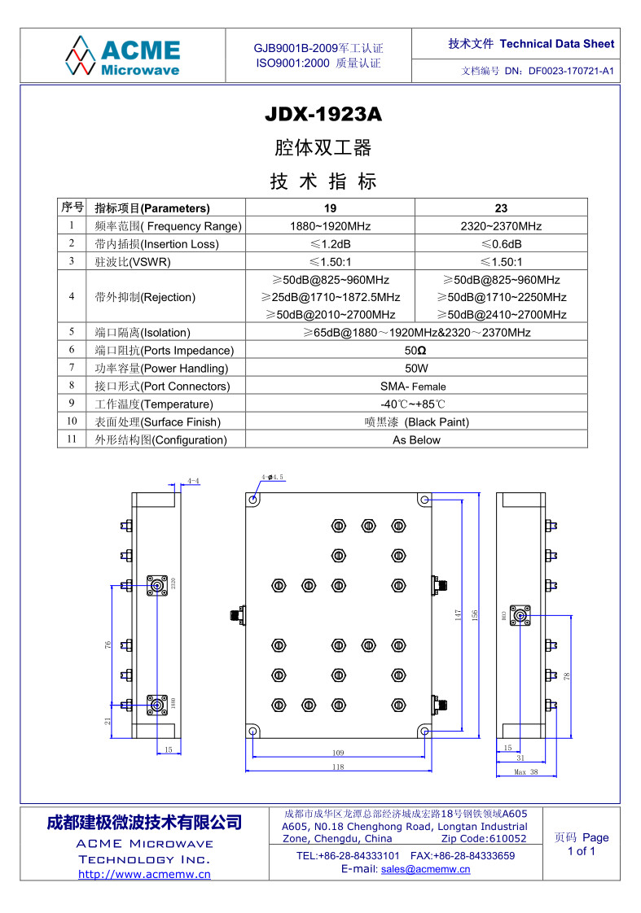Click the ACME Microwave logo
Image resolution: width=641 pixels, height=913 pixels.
point(122,56)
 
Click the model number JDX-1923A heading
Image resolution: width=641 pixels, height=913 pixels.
point(323,115)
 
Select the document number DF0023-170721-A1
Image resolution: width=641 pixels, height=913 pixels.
point(570,71)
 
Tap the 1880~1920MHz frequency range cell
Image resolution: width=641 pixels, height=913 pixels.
point(330,226)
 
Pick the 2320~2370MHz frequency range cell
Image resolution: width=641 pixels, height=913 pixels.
point(501,226)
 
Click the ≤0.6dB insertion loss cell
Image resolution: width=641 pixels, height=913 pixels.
point(501,244)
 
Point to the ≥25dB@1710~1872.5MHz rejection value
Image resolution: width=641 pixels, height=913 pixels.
point(330,297)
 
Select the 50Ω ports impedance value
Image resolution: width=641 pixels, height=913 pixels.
point(415,351)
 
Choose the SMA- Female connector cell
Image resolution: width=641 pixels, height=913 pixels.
point(413,387)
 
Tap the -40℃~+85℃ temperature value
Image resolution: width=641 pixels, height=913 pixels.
point(413,404)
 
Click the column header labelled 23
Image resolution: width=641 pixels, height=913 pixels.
point(501,208)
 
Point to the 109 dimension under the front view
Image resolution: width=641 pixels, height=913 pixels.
point(338,753)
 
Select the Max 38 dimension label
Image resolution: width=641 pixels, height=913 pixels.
point(526,772)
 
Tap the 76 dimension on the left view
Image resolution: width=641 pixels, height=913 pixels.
point(108,644)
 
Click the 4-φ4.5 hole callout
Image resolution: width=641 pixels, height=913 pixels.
point(272,477)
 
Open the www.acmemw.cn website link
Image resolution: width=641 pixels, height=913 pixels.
point(144,875)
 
